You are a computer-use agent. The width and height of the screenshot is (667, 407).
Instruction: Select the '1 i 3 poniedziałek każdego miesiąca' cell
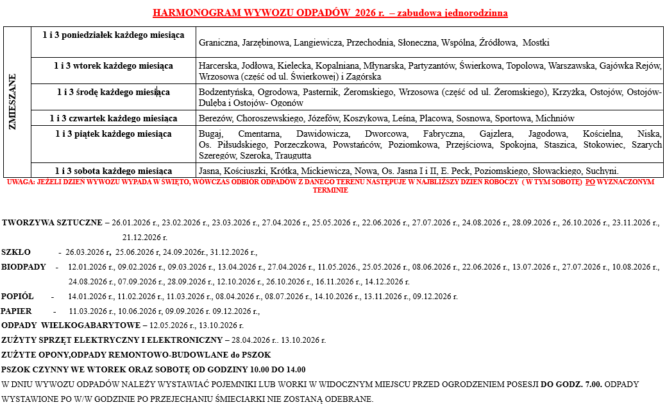click(114, 34)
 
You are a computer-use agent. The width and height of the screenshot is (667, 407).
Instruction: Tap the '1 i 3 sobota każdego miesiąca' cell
click(114, 171)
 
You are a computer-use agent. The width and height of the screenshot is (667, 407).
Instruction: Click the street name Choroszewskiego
click(264, 118)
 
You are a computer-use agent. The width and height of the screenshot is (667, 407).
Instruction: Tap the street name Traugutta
click(293, 156)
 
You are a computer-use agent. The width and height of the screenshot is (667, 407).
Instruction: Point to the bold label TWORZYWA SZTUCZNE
click(52, 223)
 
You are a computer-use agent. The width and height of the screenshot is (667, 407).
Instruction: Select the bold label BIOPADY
click(24, 266)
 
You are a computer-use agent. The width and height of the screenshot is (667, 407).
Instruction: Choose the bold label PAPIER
click(17, 311)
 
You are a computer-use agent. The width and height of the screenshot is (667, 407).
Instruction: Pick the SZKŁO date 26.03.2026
click(85, 252)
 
